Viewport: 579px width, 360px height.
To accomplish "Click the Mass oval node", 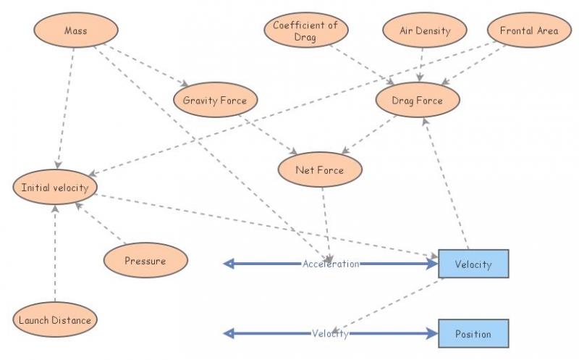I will (x=76, y=31).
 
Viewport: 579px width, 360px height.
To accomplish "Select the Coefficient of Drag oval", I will (x=305, y=31).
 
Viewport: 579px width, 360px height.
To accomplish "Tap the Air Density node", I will (x=425, y=31).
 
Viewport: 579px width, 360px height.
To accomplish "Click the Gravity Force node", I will (x=215, y=101).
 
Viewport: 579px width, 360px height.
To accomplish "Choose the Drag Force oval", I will (x=418, y=101).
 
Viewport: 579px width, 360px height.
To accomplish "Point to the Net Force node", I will (x=319, y=171).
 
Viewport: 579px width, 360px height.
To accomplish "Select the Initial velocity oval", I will (x=55, y=188).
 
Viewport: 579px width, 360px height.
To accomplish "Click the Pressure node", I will (x=145, y=261).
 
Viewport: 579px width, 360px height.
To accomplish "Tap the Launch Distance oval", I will (x=55, y=320).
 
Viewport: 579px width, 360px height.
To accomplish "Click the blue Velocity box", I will (x=473, y=264).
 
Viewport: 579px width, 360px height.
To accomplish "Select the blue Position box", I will (x=473, y=334).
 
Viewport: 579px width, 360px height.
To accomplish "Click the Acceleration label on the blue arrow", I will (x=331, y=264).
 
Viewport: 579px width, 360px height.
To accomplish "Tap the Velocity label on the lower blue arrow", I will (x=331, y=334).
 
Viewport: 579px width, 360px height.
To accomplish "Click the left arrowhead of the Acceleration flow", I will (x=229, y=264).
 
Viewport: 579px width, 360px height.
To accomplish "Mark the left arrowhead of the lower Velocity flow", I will (x=229, y=334).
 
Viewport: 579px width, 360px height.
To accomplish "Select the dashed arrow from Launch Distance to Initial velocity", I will (x=55, y=254).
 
